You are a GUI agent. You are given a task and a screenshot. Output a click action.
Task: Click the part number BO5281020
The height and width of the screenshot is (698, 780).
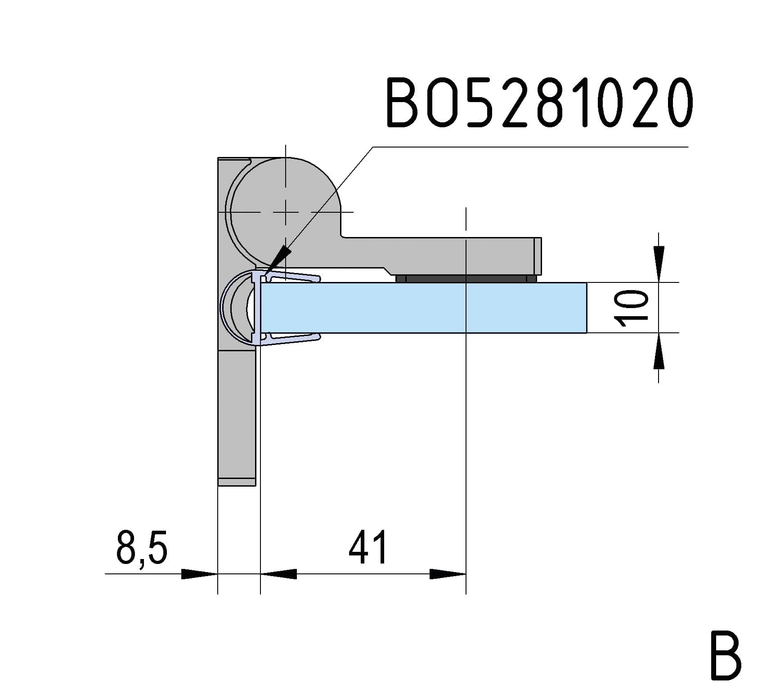(539, 103)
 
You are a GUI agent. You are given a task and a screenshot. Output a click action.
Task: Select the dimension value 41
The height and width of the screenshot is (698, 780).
(368, 547)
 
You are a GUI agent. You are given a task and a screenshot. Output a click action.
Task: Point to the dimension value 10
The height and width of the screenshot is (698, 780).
(632, 308)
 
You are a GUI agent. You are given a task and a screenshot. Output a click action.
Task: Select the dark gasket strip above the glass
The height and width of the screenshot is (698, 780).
(466, 279)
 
